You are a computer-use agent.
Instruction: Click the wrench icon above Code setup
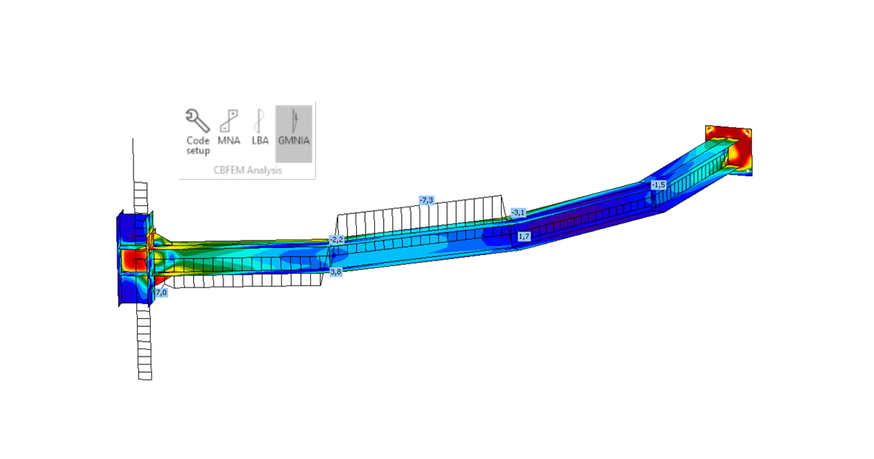197,121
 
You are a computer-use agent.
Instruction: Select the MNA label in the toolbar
229,141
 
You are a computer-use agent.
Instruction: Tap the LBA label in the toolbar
260,141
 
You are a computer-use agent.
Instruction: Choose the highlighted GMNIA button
294,133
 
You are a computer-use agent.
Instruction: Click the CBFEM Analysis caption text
248,170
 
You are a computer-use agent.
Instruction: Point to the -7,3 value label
427,200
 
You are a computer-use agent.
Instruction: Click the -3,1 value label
518,213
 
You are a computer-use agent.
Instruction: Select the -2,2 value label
336,240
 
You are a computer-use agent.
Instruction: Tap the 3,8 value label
336,272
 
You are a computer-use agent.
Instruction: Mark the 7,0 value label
162,292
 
